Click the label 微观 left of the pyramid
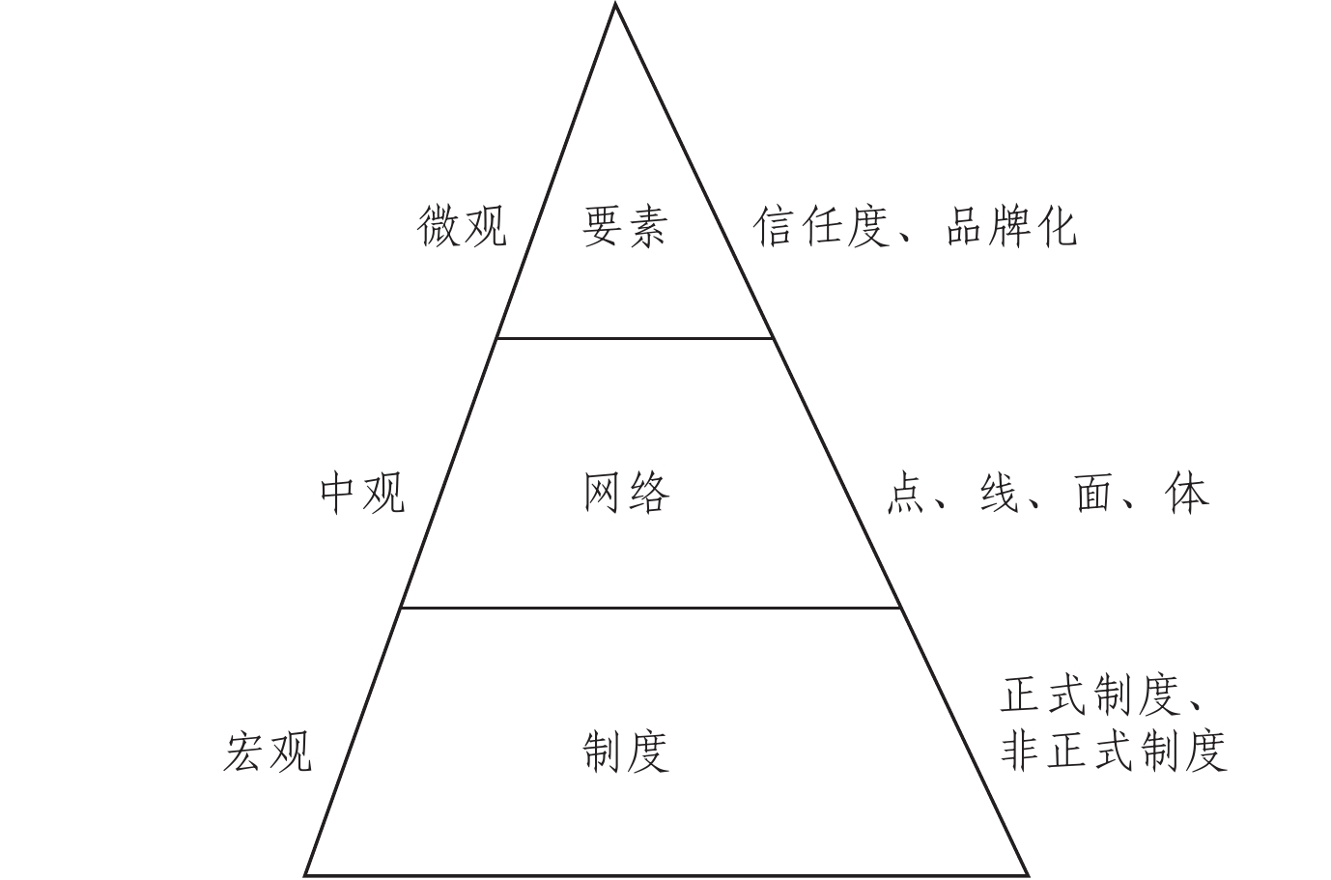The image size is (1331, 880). click(x=462, y=227)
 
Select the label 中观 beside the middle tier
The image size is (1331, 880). click(x=362, y=494)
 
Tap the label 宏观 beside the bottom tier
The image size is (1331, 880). click(x=268, y=751)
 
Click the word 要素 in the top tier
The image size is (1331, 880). click(x=625, y=227)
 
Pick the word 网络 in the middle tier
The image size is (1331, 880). click(x=626, y=494)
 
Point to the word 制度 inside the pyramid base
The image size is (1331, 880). click(x=626, y=751)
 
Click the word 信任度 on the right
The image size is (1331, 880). click(x=820, y=227)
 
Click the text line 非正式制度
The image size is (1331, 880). click(x=1114, y=751)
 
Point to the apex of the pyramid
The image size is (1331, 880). click(x=615, y=6)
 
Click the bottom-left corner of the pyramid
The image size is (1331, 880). click(x=307, y=874)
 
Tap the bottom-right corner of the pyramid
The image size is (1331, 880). click(x=1027, y=874)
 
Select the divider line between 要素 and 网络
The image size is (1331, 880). click(x=635, y=338)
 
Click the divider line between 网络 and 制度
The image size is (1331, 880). click(x=650, y=608)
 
